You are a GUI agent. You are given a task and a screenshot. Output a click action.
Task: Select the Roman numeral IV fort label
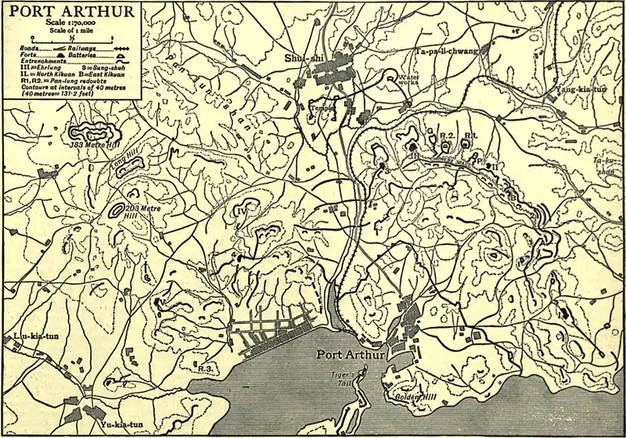241,210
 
